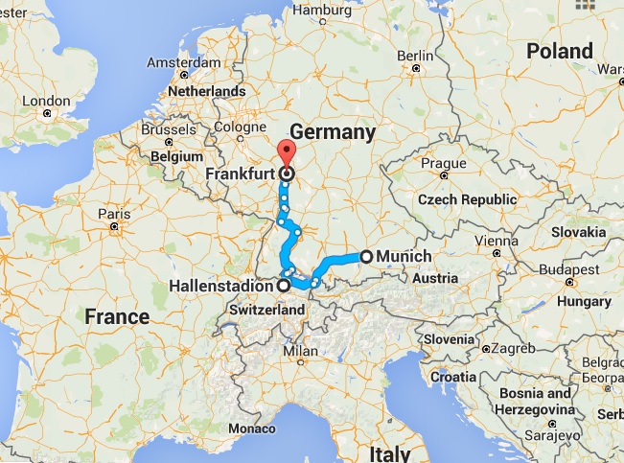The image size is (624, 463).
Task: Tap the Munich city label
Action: point(404,256)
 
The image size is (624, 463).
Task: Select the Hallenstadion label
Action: point(220,286)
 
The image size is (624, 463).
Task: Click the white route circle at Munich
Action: point(365,256)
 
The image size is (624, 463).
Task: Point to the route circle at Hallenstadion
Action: point(283,286)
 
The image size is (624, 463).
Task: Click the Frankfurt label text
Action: point(241,174)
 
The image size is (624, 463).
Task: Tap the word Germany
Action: point(331,132)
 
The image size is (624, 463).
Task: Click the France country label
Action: point(116,316)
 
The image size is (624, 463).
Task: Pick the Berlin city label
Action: point(415,56)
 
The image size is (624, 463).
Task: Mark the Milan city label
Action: point(300,352)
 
